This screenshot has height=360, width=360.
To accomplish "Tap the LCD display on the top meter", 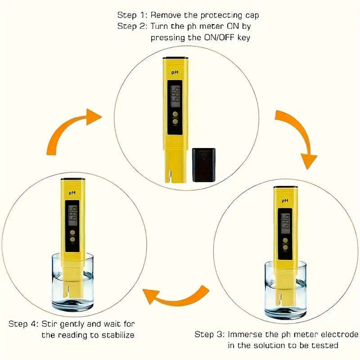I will click(175, 96).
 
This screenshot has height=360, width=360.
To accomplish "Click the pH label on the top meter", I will click(174, 72).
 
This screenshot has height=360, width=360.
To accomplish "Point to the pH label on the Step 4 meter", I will click(71, 192).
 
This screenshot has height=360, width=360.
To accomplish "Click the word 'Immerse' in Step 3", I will click(244, 334).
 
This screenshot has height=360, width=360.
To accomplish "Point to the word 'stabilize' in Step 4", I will click(117, 335).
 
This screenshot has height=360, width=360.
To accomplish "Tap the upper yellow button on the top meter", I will click(175, 114).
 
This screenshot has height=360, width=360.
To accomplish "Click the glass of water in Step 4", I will click(72, 283).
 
